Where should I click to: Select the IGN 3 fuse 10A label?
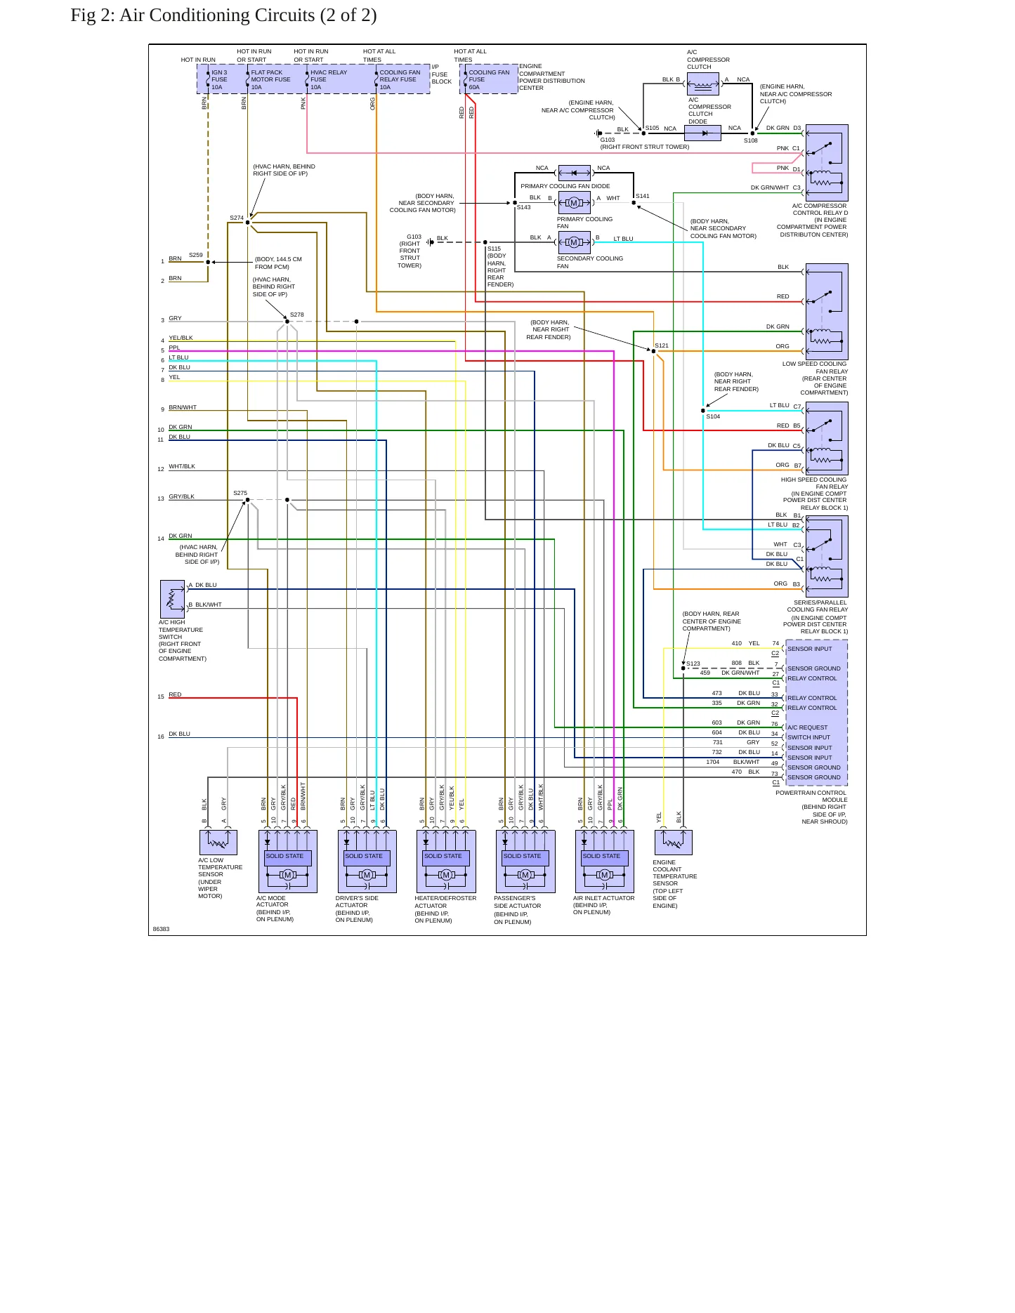click(219, 80)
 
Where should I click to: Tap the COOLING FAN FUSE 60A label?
click(489, 80)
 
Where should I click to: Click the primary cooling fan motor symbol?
click(574, 203)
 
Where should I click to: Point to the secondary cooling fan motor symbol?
click(574, 242)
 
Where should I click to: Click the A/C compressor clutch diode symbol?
click(702, 133)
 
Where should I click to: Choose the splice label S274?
click(237, 218)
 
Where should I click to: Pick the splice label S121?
click(662, 345)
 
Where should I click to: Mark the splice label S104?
click(713, 416)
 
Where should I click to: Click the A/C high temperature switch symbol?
click(172, 598)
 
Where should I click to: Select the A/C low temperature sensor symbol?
click(218, 842)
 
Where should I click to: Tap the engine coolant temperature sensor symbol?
click(673, 842)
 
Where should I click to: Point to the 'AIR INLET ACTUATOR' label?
click(603, 898)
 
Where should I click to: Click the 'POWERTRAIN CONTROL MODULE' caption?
click(811, 796)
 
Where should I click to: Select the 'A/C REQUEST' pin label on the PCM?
click(807, 727)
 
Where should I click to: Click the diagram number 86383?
click(161, 929)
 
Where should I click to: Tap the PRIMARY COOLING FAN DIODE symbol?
click(574, 173)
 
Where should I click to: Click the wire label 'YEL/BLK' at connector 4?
click(181, 338)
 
